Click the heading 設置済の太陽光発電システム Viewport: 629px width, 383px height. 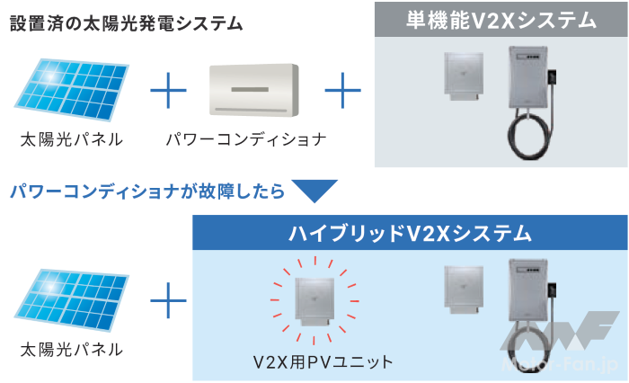(x=126, y=22)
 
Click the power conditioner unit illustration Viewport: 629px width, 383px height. (x=252, y=90)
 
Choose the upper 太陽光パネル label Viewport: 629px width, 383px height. (x=71, y=140)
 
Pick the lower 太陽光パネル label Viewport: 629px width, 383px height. (x=71, y=349)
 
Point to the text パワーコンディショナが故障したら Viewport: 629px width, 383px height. (x=148, y=191)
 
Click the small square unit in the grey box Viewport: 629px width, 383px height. (x=465, y=76)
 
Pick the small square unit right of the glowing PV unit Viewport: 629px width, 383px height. (x=465, y=290)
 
